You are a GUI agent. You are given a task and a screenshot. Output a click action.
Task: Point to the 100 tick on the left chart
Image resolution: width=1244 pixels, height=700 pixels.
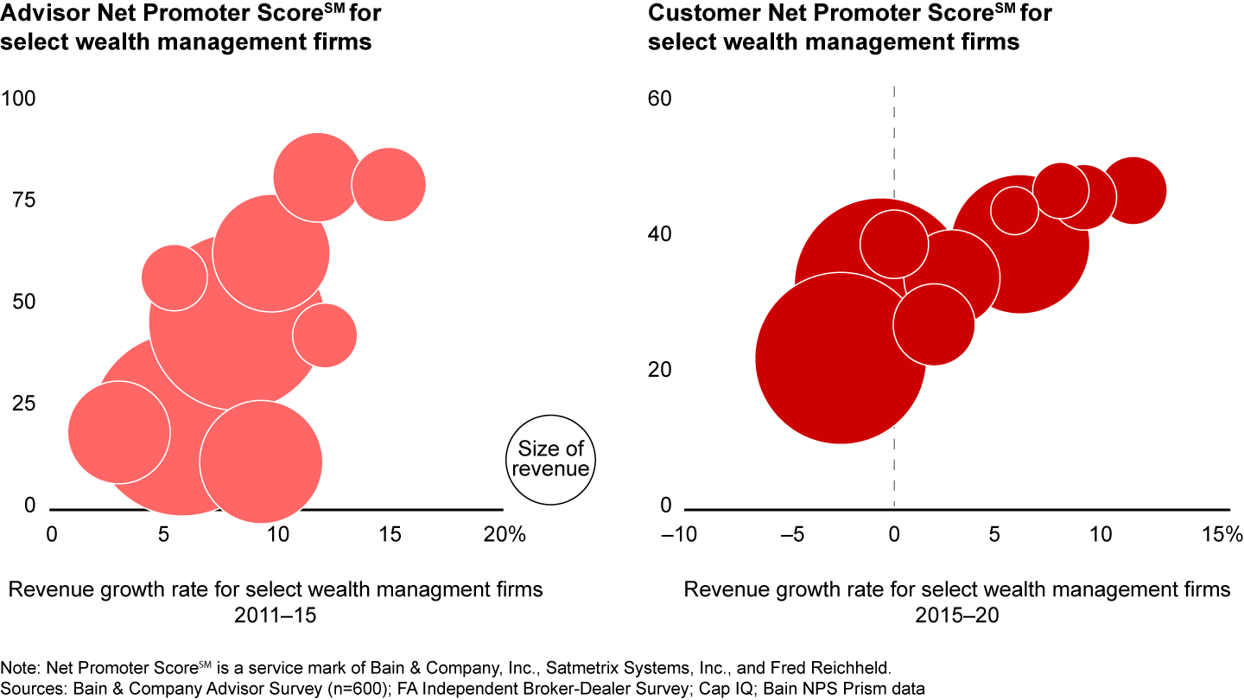tap(18, 99)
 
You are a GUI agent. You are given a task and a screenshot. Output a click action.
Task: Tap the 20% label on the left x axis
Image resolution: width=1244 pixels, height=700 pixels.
tap(505, 535)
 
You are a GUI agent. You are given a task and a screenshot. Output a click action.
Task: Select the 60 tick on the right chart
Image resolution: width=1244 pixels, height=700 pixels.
tap(660, 99)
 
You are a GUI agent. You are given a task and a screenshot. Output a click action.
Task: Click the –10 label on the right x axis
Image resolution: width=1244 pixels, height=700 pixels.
tap(678, 535)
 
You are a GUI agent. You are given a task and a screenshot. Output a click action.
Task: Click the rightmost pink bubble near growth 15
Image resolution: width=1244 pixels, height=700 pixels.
tap(389, 184)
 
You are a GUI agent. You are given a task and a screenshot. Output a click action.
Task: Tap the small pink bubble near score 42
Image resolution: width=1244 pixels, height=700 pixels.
tap(325, 335)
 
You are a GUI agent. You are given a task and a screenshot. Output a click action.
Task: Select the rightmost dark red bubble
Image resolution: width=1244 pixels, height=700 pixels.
tap(1133, 191)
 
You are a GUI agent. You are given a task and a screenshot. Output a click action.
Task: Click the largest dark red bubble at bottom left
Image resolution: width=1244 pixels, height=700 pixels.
tap(840, 358)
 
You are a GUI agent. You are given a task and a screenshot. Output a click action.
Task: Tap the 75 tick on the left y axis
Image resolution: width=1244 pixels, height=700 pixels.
tap(24, 200)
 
